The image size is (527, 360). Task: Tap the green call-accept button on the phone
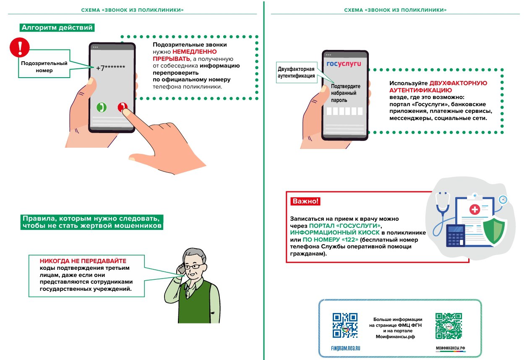click(101, 107)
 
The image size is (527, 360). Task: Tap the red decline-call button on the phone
click(123, 107)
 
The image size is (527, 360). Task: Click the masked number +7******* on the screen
click(110, 68)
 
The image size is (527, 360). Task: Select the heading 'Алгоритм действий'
click(57, 28)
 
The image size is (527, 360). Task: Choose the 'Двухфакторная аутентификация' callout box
click(296, 73)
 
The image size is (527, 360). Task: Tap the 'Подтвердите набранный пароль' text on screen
click(343, 93)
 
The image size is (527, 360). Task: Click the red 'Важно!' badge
click(305, 201)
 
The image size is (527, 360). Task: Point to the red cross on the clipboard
click(475, 209)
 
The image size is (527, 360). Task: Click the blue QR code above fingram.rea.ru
click(345, 325)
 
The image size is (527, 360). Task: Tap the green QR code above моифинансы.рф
click(449, 326)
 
